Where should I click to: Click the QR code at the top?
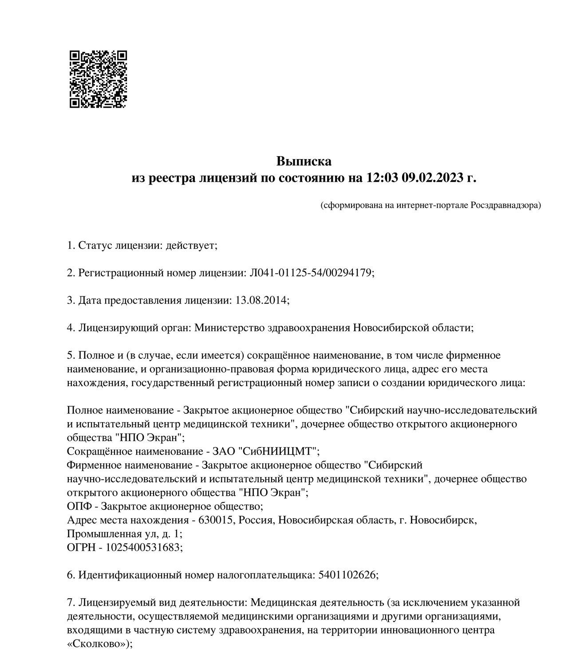tap(98, 79)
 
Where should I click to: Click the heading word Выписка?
tap(304, 161)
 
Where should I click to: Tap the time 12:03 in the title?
tap(383, 178)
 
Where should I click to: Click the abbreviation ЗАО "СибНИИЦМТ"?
tap(266, 451)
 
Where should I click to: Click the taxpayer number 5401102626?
tap(347, 575)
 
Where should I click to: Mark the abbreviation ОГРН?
tap(80, 547)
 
